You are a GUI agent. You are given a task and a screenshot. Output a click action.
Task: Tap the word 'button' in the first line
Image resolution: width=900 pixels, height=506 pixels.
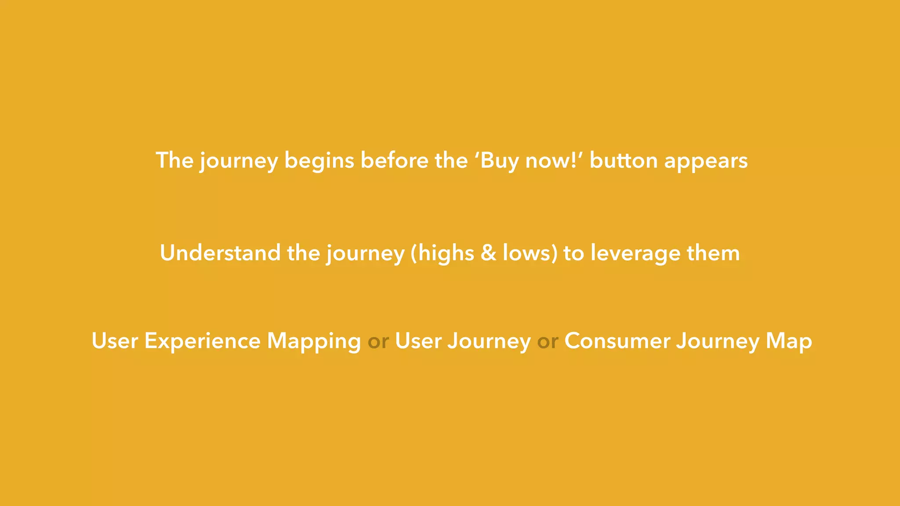pos(623,161)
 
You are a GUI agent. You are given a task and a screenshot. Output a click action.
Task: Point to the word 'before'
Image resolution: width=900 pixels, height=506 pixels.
pos(394,161)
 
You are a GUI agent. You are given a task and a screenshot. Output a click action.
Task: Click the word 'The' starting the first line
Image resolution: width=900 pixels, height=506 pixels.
pos(174,161)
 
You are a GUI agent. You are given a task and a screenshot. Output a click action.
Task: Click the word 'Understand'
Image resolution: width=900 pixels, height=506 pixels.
pos(220,253)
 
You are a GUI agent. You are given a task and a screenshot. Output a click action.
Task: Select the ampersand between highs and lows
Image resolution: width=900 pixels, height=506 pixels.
pos(488,253)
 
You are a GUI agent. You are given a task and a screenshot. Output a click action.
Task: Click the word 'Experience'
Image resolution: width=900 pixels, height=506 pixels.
pos(202,342)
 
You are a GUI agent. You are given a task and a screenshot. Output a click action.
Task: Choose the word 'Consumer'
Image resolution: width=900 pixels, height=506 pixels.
pos(617,341)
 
